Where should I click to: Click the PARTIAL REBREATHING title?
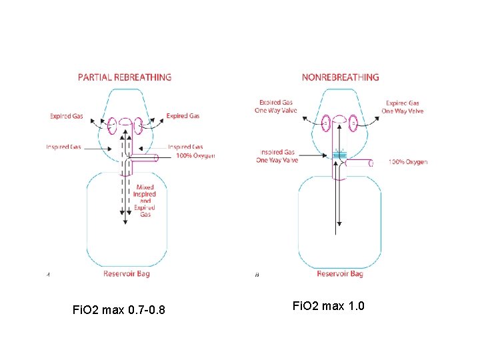pyautogui.click(x=125, y=77)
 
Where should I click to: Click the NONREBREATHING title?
pyautogui.click(x=340, y=77)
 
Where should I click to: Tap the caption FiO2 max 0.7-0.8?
pyautogui.click(x=120, y=310)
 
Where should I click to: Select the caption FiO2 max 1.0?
pyautogui.click(x=328, y=305)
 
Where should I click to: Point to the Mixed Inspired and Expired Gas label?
pyautogui.click(x=145, y=201)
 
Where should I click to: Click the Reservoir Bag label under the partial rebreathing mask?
pyautogui.click(x=126, y=273)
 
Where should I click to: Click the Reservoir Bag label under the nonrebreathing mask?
pyautogui.click(x=340, y=274)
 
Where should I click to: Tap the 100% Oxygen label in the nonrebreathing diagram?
pyautogui.click(x=408, y=162)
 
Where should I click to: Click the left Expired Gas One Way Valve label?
pyautogui.click(x=276, y=107)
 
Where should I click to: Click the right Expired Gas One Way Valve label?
pyautogui.click(x=403, y=107)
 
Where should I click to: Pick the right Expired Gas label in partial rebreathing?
pyautogui.click(x=183, y=116)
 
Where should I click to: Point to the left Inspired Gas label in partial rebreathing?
pyautogui.click(x=63, y=147)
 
